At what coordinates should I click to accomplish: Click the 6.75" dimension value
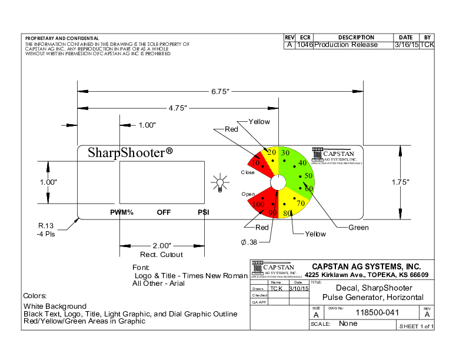(x=220, y=91)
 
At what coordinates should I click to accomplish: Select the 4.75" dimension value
(x=177, y=108)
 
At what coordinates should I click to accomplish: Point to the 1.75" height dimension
(x=400, y=182)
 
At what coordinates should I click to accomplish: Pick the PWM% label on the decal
(x=122, y=212)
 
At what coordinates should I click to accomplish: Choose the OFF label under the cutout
(x=164, y=212)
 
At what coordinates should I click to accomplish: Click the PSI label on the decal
(x=204, y=212)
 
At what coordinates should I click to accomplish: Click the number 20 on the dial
(x=271, y=152)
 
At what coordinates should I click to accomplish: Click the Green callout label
(x=358, y=228)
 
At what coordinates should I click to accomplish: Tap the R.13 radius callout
(x=46, y=226)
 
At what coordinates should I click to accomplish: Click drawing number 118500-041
(x=378, y=312)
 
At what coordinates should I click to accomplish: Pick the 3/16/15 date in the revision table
(x=405, y=45)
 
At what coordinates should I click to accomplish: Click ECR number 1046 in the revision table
(x=305, y=45)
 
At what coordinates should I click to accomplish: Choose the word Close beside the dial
(x=248, y=172)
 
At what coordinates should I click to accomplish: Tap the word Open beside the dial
(x=248, y=194)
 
